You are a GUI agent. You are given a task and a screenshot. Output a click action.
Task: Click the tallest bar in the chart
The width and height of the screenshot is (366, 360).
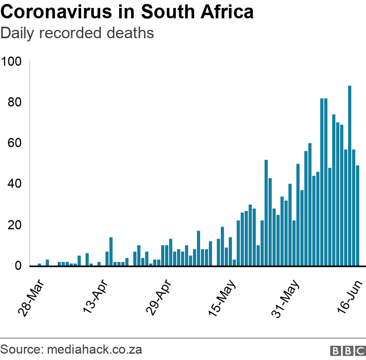[350, 175]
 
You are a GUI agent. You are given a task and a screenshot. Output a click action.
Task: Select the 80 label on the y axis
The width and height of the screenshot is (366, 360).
[15, 103]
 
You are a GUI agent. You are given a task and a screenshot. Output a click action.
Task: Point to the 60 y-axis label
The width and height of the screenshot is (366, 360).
[15, 143]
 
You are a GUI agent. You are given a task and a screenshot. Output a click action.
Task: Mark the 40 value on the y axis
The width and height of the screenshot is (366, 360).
[15, 184]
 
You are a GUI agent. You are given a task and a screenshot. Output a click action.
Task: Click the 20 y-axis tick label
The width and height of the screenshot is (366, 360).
[15, 225]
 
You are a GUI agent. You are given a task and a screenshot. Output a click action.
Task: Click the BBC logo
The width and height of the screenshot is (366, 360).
[348, 351]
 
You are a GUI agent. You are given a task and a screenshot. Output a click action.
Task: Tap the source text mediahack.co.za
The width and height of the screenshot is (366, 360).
[95, 350]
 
